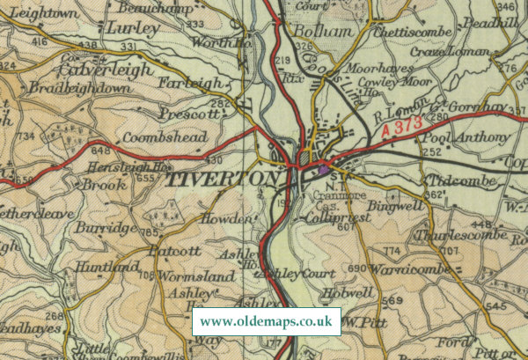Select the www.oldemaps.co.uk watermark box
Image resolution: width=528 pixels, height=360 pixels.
[x=267, y=320]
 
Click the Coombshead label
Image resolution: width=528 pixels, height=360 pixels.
[x=165, y=137]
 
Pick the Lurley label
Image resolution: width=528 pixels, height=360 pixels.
[x=132, y=28]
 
